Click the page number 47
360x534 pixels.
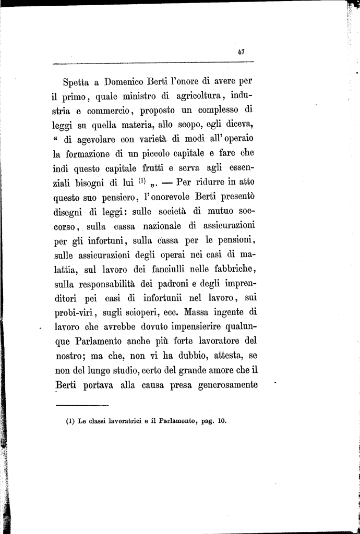[241, 52]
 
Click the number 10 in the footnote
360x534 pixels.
[222, 421]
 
